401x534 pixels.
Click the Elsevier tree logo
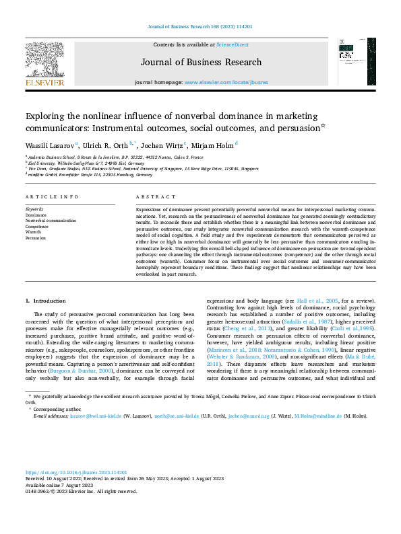44,62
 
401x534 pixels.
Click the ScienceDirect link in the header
232,44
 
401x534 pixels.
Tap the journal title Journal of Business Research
201,63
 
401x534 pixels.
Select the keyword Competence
38,226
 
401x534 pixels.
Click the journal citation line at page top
200,27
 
